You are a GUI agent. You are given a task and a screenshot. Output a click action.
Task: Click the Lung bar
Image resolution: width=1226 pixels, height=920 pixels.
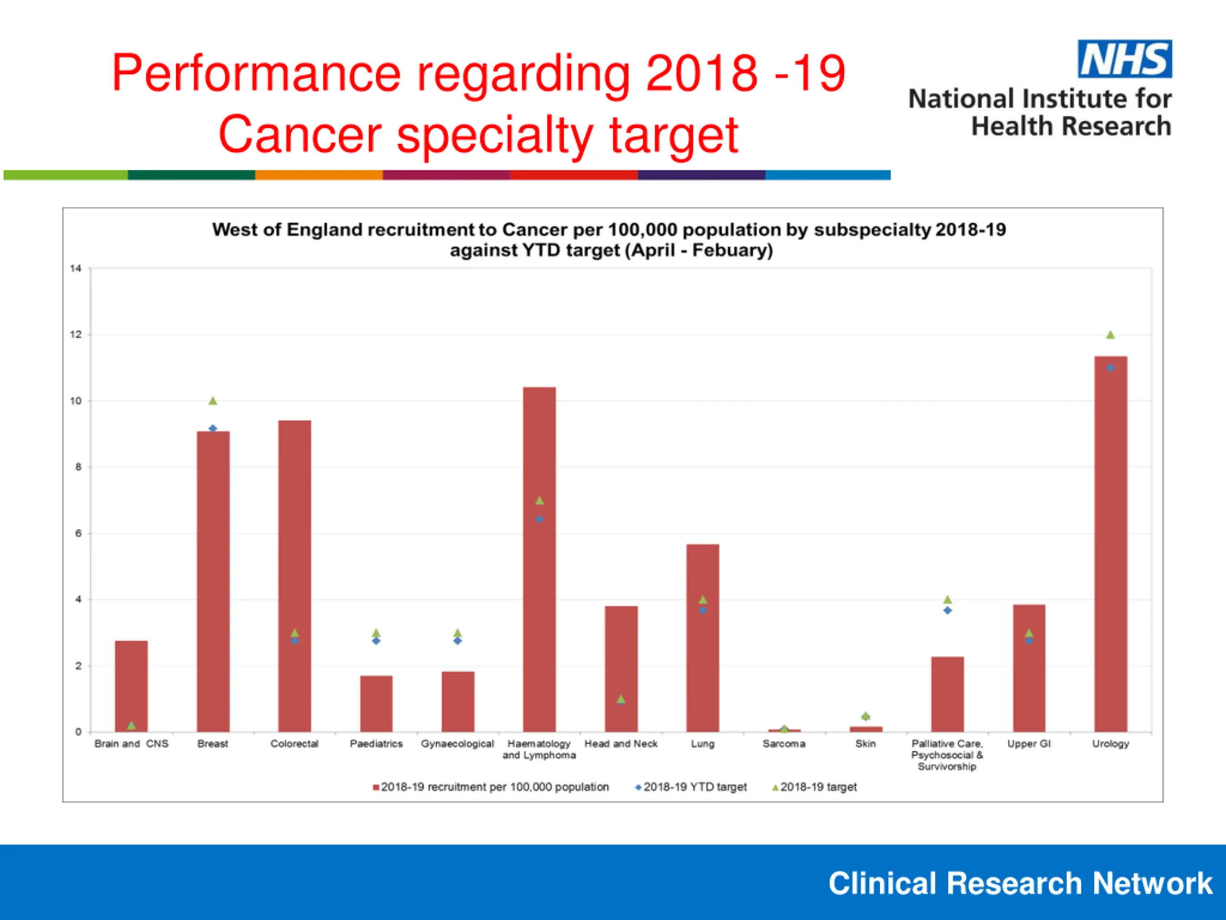point(703,638)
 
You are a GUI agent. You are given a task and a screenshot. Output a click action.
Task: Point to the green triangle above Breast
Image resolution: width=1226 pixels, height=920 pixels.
point(213,401)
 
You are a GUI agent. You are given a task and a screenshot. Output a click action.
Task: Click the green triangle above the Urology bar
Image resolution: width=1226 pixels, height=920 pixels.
point(1110,334)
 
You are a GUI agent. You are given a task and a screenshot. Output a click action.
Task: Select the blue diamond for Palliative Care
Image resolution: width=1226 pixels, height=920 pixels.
point(948,610)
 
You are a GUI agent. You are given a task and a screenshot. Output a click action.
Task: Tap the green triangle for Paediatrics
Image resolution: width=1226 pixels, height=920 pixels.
point(376,633)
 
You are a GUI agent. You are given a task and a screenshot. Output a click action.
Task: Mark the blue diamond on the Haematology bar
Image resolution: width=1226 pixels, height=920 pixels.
point(539,519)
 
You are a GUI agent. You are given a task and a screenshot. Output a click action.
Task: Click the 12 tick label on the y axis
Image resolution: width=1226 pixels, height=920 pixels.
point(76,334)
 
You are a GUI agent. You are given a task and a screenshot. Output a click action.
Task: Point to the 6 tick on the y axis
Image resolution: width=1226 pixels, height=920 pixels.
point(78,533)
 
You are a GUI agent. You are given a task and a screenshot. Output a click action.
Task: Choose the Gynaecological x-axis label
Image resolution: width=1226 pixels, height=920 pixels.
point(457,744)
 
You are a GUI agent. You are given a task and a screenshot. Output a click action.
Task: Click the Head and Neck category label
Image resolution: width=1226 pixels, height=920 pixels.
point(621,744)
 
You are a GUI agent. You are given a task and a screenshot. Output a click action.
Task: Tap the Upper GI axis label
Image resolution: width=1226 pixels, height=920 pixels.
point(1029,744)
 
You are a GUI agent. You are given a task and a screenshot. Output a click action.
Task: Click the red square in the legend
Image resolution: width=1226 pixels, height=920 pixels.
point(376,787)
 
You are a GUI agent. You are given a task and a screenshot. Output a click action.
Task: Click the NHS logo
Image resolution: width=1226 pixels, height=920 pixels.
point(1124,59)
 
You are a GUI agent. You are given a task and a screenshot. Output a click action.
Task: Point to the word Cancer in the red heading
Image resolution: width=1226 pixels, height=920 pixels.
point(300,135)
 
